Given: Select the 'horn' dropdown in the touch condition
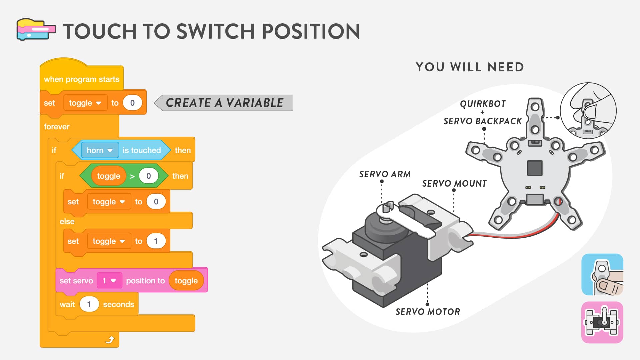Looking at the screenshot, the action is (x=100, y=150).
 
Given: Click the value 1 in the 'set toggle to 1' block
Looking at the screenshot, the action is (x=156, y=241).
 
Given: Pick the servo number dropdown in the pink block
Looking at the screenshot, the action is (x=109, y=281).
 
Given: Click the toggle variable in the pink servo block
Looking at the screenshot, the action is (x=186, y=281).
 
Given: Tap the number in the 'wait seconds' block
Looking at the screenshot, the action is (x=89, y=304).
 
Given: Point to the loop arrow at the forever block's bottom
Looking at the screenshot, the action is (x=110, y=340).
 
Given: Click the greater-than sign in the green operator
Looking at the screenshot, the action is (x=132, y=176).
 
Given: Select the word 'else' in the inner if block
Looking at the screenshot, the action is (x=67, y=221).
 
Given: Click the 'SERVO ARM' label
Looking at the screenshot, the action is (x=385, y=174).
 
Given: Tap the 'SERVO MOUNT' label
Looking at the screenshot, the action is (x=454, y=183).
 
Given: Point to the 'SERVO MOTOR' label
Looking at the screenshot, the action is (x=428, y=312).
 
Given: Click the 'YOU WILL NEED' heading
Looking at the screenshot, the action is (x=470, y=67).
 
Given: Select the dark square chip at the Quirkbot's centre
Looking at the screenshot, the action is (x=535, y=168).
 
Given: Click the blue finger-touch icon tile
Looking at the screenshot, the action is (x=602, y=274).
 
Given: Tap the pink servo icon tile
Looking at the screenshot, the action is (x=602, y=322).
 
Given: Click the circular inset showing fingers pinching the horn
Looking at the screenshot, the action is (x=588, y=111).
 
